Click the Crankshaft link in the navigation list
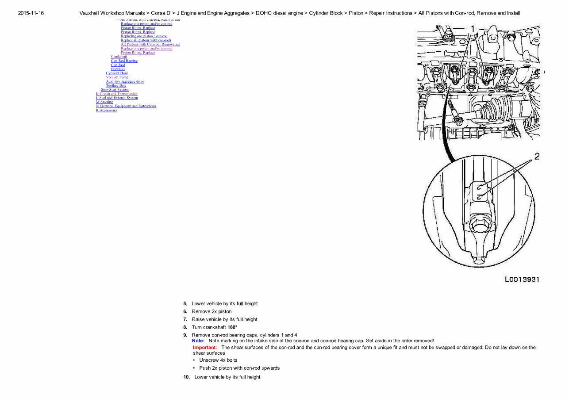119,57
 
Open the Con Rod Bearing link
124,61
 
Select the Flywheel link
118,69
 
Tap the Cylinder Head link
117,73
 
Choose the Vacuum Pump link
117,77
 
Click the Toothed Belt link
115,85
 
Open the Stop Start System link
115,89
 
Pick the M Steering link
104,102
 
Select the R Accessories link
106,110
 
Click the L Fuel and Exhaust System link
117,98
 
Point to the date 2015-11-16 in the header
31,13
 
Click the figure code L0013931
522,279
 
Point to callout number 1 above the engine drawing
473,29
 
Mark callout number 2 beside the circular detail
537,156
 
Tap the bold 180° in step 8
232,327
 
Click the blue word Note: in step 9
198,341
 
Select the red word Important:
205,347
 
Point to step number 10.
186,377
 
